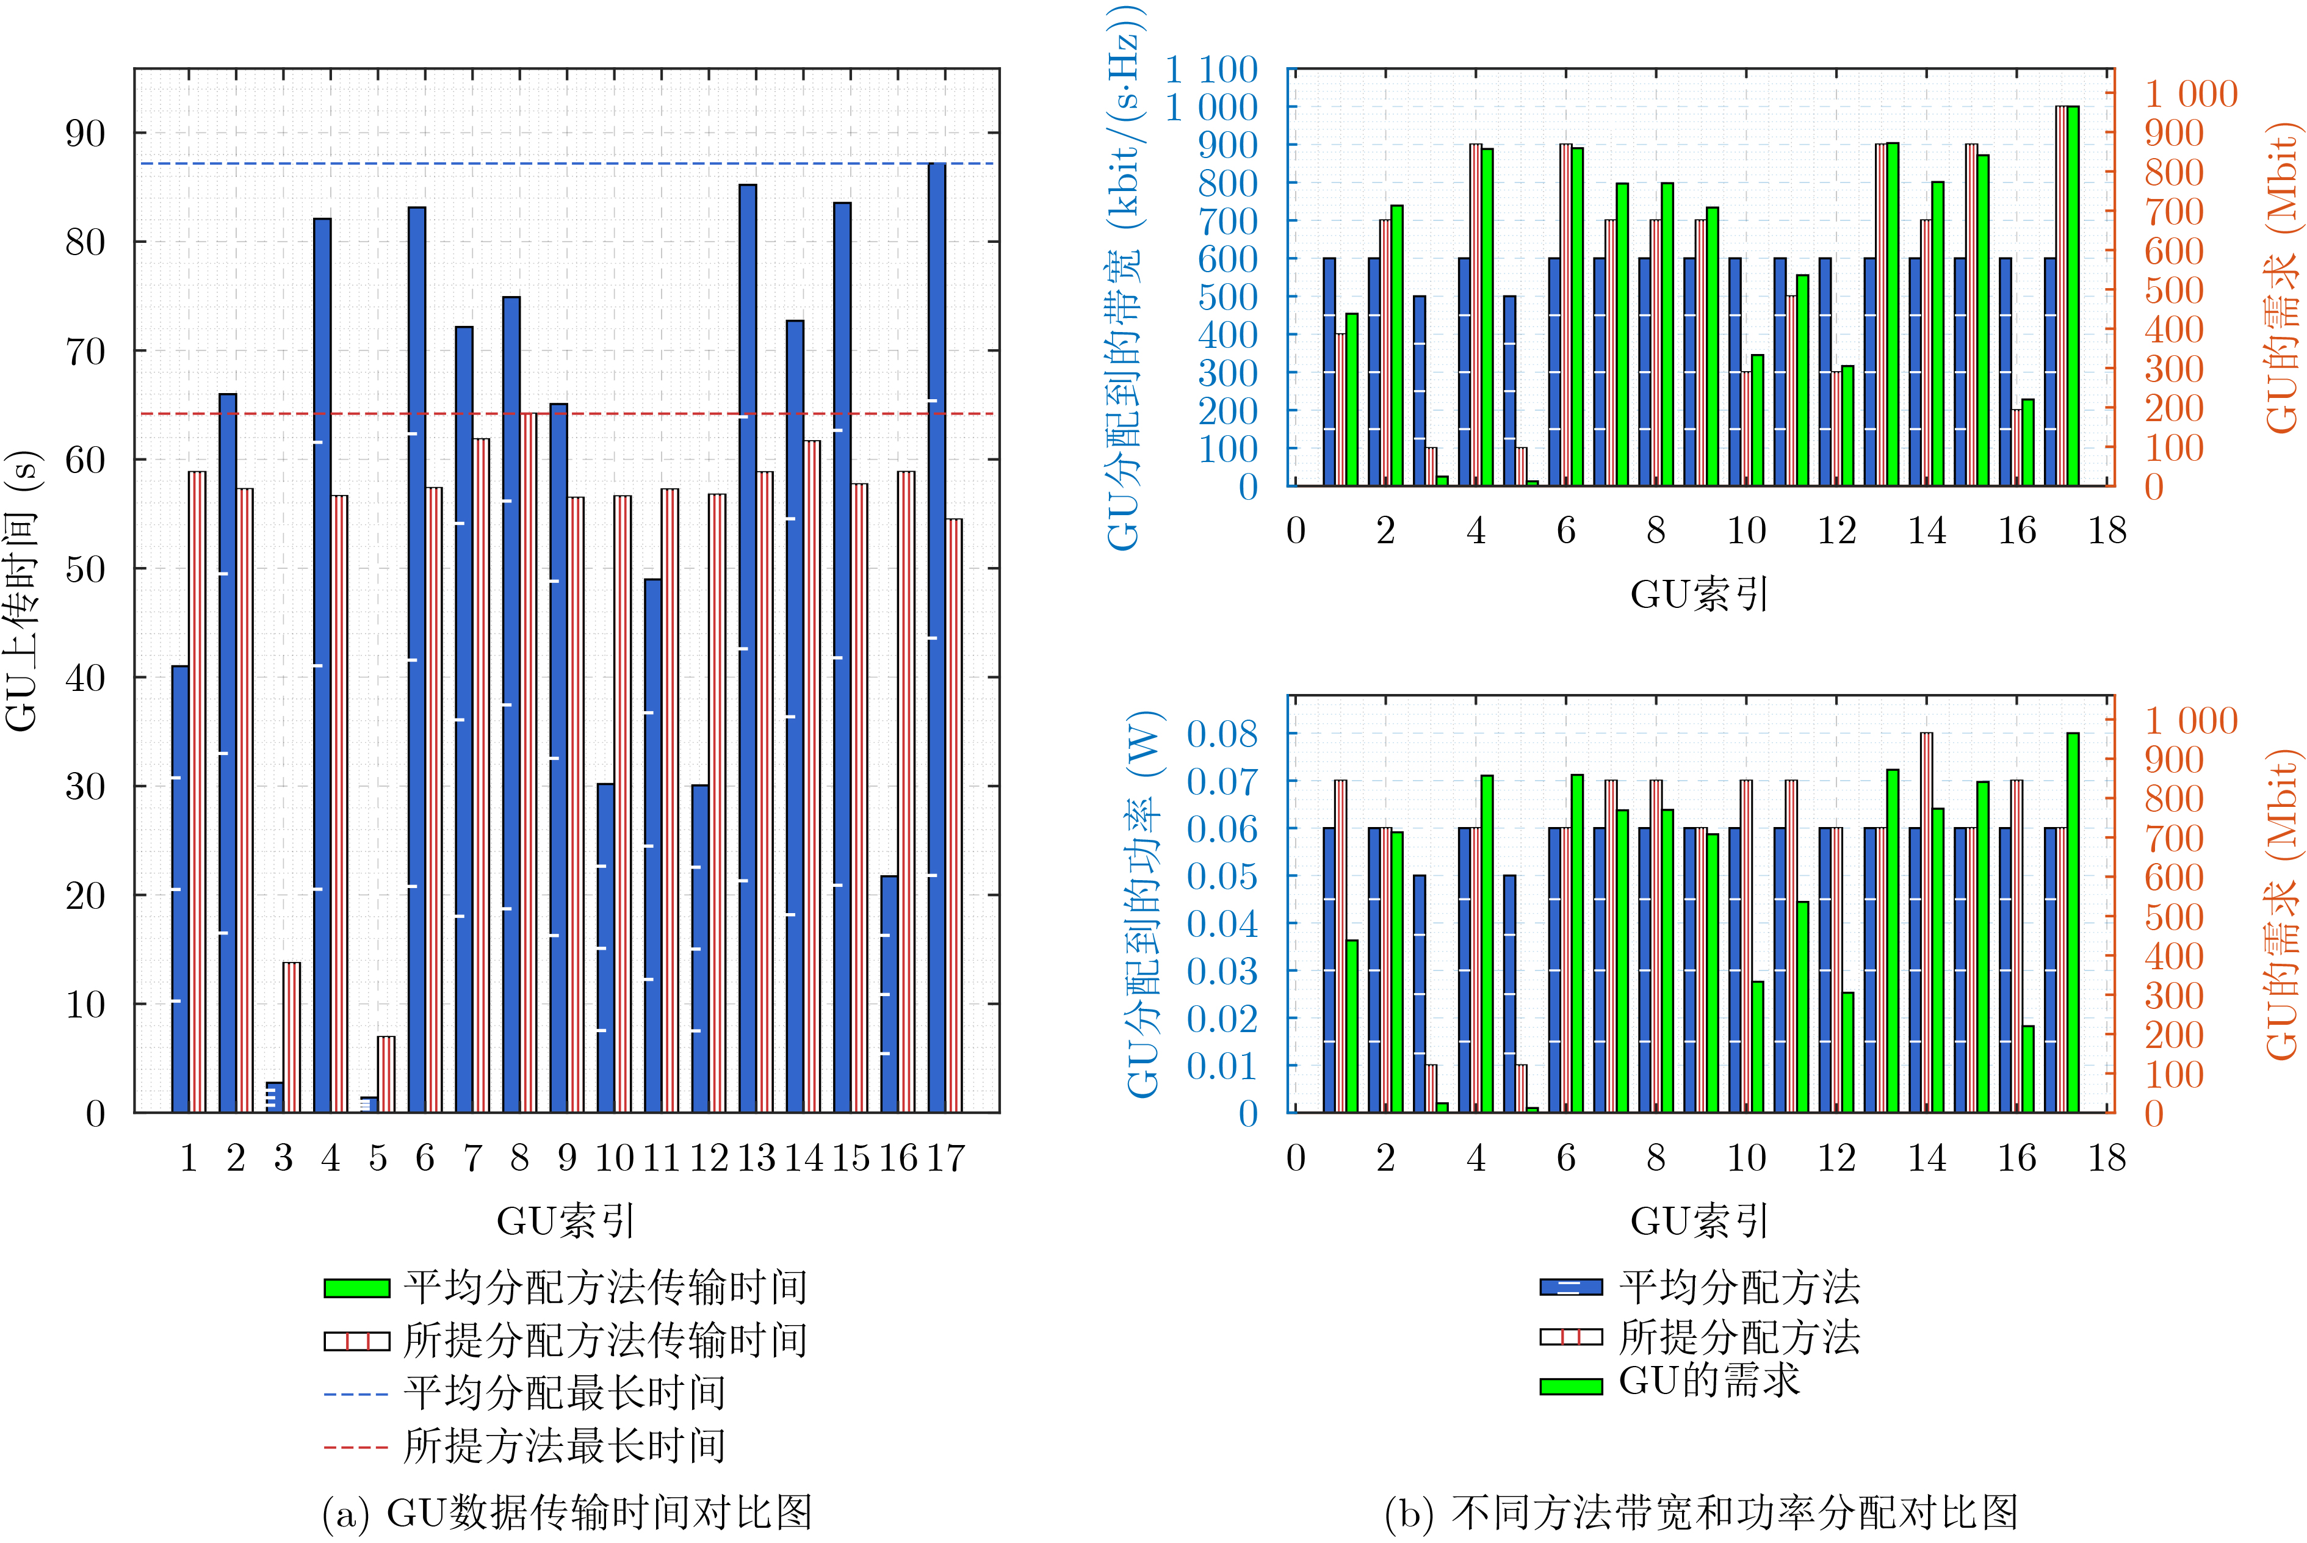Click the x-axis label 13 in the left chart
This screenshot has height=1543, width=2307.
pyautogui.click(x=756, y=1158)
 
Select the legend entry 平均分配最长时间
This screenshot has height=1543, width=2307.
pyautogui.click(x=565, y=1393)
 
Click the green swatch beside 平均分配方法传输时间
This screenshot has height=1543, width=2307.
pyautogui.click(x=356, y=1288)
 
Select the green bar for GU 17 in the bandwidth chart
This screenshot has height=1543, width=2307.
pyautogui.click(x=2073, y=295)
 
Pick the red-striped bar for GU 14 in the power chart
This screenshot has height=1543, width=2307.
pyautogui.click(x=1926, y=922)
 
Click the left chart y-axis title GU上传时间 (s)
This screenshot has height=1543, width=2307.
pyautogui.click(x=21, y=590)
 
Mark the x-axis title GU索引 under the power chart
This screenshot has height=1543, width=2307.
pyautogui.click(x=1699, y=1221)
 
